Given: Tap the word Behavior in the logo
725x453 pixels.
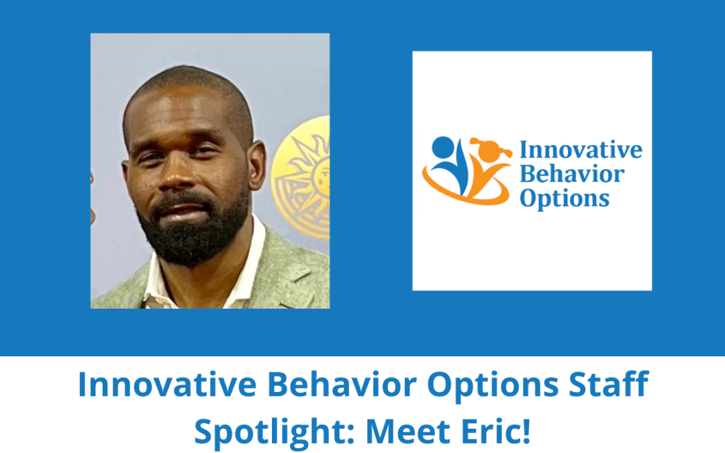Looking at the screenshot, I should (x=573, y=174).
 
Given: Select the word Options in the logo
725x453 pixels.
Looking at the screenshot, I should (x=565, y=199).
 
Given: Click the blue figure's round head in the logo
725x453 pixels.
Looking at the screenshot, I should (x=443, y=147).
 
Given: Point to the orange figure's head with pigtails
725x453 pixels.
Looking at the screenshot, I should (x=484, y=148).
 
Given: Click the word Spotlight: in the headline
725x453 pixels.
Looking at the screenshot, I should (x=275, y=430).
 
